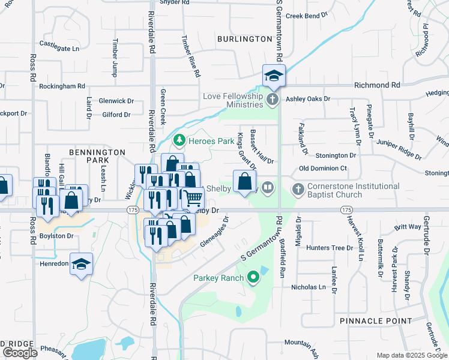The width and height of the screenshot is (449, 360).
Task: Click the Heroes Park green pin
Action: pos(178,140)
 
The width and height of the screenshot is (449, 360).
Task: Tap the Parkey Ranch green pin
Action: pos(253,277)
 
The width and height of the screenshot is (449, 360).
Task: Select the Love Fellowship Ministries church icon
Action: pos(272,99)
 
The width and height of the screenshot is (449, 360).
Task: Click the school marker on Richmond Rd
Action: pos(274,76)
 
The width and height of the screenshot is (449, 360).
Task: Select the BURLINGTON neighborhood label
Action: pos(245,39)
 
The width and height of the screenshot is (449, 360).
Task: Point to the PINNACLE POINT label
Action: pos(375,321)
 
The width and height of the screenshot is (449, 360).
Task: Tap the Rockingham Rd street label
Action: pos(62,86)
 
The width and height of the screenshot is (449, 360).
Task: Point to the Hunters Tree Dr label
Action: pos(330,247)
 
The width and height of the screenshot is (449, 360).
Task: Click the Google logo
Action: pos(20,353)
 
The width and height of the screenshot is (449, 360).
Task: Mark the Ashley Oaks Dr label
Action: pos(308,98)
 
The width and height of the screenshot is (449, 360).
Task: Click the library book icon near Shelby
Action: pos(268,188)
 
